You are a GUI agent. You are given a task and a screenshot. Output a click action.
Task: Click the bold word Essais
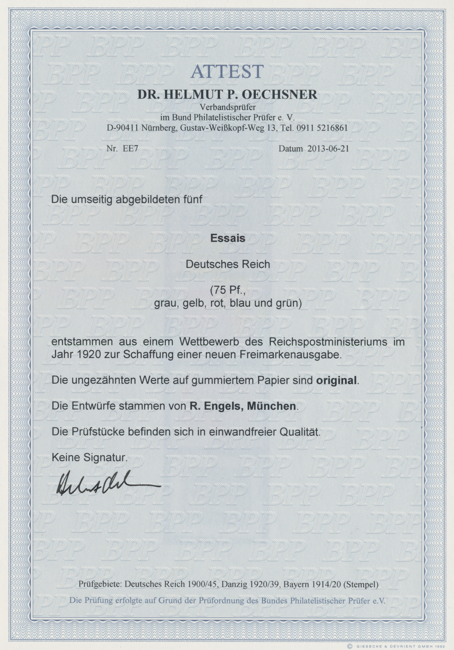pyautogui.click(x=227, y=239)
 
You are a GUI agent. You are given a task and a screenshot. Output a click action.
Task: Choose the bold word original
pyautogui.click(x=336, y=380)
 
